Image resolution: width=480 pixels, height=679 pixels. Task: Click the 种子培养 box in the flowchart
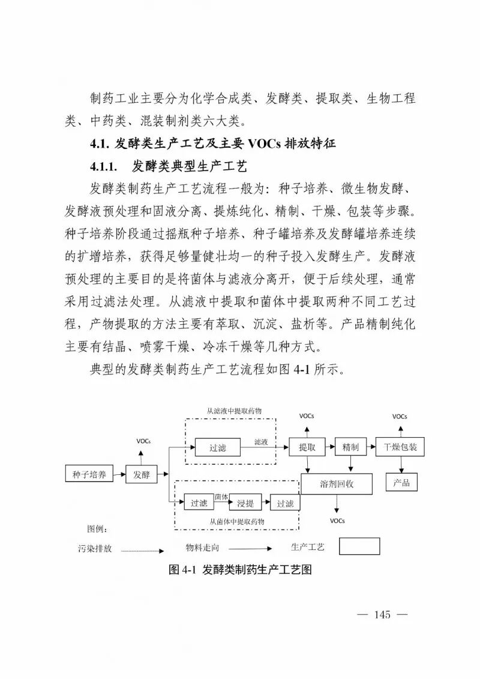pyautogui.click(x=89, y=475)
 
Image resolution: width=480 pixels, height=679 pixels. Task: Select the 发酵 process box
pyautogui.click(x=141, y=475)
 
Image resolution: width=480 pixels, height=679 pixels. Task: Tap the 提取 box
pyautogui.click(x=307, y=447)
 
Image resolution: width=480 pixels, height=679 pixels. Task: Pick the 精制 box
pyautogui.click(x=350, y=447)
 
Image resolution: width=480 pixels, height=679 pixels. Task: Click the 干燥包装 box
pyautogui.click(x=400, y=447)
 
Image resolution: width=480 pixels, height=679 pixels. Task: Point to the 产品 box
pyautogui.click(x=401, y=482)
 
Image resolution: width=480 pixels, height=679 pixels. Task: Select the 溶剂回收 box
pyautogui.click(x=337, y=484)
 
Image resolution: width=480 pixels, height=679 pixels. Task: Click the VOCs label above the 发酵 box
pyautogui.click(x=143, y=441)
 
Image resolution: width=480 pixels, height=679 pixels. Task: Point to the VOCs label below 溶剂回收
pyautogui.click(x=337, y=521)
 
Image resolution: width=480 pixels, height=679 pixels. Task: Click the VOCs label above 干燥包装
pyautogui.click(x=400, y=416)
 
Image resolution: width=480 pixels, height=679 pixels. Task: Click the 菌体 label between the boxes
pyautogui.click(x=221, y=496)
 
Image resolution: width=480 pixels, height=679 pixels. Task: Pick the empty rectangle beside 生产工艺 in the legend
pyautogui.click(x=359, y=546)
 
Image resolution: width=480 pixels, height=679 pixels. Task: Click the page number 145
pyautogui.click(x=382, y=614)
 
